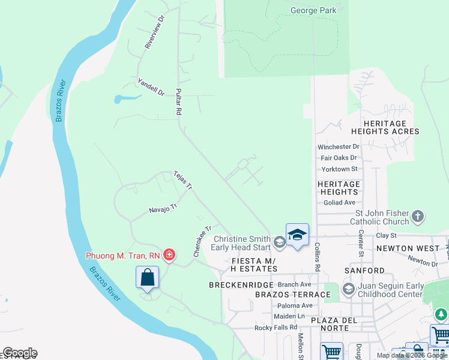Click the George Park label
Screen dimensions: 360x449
coord(313,10)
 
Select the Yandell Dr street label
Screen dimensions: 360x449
coord(151,88)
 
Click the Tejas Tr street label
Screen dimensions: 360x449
coord(182,180)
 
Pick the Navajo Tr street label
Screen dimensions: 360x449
coord(164,208)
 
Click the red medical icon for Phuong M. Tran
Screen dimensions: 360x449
coord(169,256)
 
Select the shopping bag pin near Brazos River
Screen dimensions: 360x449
coord(147,278)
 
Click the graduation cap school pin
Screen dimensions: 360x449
coord(297,235)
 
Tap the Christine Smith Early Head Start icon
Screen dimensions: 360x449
coord(279,242)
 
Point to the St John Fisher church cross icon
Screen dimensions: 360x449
coord(418,216)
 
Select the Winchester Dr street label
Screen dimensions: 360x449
coord(339,146)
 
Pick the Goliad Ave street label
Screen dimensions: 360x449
coord(339,203)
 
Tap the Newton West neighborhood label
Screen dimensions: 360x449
coord(403,248)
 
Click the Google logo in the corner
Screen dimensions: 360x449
coord(20,353)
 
